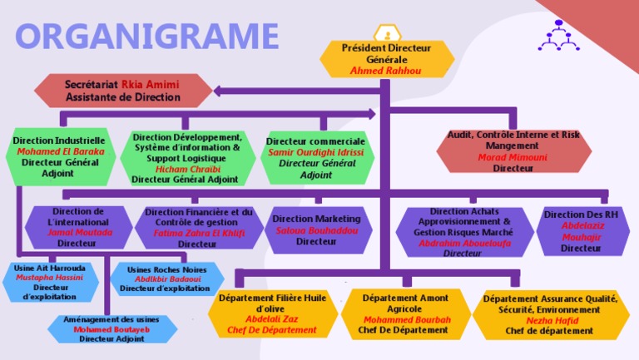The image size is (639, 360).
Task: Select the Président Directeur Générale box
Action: (386, 59)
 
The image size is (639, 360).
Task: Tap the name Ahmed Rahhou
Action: (386, 72)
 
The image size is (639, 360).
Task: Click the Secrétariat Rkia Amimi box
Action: (123, 91)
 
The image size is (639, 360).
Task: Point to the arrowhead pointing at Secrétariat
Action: (219, 91)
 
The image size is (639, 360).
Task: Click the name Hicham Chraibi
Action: (186, 169)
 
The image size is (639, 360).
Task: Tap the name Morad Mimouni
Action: (513, 156)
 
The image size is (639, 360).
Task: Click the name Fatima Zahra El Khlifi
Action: (198, 234)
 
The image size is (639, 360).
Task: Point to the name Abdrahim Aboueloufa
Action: (463, 244)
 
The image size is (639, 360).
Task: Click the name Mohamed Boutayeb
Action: (111, 329)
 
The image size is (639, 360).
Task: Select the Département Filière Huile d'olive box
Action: (272, 313)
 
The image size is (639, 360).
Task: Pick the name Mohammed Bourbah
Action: (407, 319)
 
